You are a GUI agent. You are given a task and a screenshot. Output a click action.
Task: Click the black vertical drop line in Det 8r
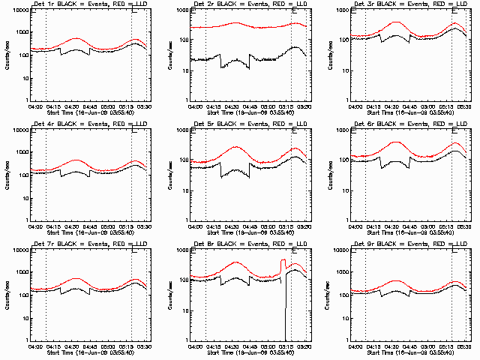click(x=285, y=307)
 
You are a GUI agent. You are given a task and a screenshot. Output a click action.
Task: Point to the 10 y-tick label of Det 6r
click(x=346, y=190)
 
